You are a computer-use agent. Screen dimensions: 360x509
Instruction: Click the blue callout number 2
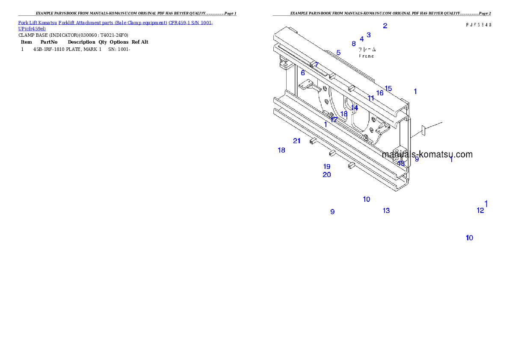385,26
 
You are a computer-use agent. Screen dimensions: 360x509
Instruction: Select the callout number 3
369,35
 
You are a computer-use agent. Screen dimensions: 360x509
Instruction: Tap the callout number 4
362,39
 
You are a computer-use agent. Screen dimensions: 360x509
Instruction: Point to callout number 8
354,44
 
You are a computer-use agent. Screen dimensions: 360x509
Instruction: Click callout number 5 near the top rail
338,53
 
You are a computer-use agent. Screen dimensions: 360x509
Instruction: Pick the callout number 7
316,65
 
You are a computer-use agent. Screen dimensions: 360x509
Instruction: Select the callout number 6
303,73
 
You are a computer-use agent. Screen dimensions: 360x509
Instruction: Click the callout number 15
388,89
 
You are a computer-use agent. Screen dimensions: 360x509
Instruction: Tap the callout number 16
380,93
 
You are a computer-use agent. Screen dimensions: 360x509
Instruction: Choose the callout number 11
371,98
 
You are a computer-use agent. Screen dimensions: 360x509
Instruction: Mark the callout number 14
355,108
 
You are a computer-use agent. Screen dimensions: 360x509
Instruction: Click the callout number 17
334,120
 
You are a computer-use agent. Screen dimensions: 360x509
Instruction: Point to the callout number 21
297,141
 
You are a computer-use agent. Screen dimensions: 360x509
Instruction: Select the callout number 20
327,175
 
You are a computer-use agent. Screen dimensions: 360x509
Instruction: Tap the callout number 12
480,210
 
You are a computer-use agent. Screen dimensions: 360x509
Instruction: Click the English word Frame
366,56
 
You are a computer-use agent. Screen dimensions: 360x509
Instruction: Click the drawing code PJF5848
478,25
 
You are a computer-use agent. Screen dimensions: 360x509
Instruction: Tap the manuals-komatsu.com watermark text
427,154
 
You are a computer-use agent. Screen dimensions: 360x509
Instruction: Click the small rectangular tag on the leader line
422,130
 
